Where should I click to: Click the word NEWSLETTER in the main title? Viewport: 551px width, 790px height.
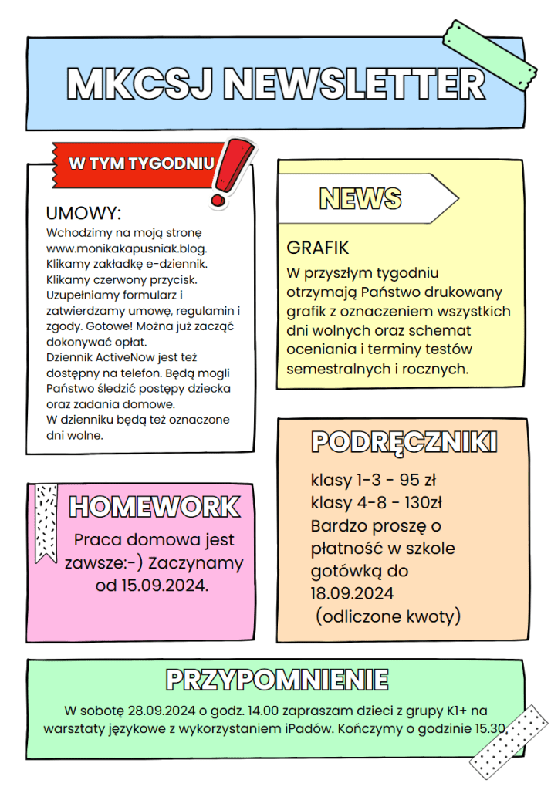click(357, 84)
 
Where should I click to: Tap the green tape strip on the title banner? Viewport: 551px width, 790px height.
click(488, 54)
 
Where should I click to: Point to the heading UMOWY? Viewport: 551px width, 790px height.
click(84, 214)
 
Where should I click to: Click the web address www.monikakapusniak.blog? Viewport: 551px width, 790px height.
click(127, 248)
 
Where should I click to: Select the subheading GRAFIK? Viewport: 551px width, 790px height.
click(318, 248)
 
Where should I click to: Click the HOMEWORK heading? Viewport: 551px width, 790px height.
click(155, 507)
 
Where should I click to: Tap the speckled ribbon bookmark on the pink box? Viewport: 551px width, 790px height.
click(46, 517)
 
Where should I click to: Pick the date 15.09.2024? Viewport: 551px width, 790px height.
click(162, 586)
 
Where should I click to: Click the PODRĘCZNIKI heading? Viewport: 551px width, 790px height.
click(404, 442)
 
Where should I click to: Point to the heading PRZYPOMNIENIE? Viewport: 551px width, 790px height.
click(277, 680)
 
